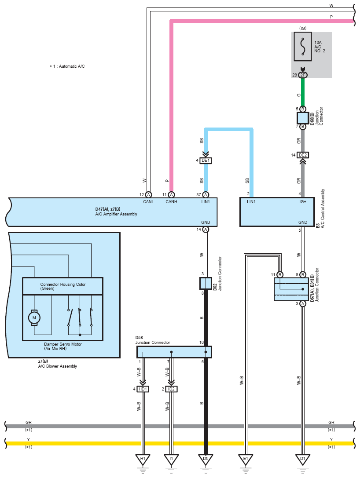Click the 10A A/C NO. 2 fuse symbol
tap(303, 47)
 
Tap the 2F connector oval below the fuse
tap(303, 75)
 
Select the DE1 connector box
tap(206, 161)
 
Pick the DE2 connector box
tap(303, 155)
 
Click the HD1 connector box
tap(143, 389)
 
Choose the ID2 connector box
tap(171, 389)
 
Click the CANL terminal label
tap(149, 202)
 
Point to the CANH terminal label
tap(171, 202)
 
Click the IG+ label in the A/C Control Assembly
tap(303, 202)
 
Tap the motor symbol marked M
tap(34, 317)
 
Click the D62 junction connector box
tap(206, 283)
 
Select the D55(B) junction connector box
tap(303, 118)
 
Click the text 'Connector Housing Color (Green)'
tap(63, 286)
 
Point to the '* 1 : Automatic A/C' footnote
tap(67, 66)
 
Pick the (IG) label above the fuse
tap(303, 28)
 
